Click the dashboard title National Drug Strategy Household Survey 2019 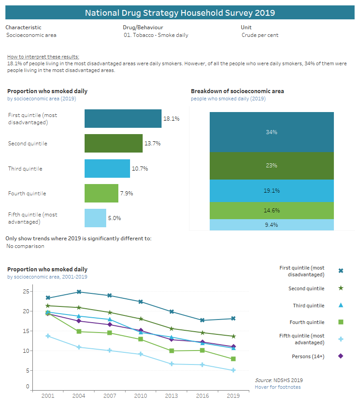(x=180, y=13)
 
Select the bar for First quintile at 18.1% (x=123, y=119)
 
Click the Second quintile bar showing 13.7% (x=113, y=144)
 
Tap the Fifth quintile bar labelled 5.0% (x=95, y=218)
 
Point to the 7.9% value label (x=126, y=193)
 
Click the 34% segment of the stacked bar (x=271, y=132)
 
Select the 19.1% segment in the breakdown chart (x=271, y=191)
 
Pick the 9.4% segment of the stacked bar (x=271, y=225)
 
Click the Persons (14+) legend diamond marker (x=341, y=356)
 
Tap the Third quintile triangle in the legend (x=341, y=306)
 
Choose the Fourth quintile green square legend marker (x=341, y=322)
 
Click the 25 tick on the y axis (x=26, y=292)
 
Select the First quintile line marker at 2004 (x=79, y=292)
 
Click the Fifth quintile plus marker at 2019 (x=233, y=370)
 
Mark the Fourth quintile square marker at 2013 (x=171, y=351)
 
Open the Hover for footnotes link (x=278, y=387)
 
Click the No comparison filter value (x=25, y=246)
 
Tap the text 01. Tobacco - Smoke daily (x=156, y=35)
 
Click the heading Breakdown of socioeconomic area (x=237, y=91)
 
